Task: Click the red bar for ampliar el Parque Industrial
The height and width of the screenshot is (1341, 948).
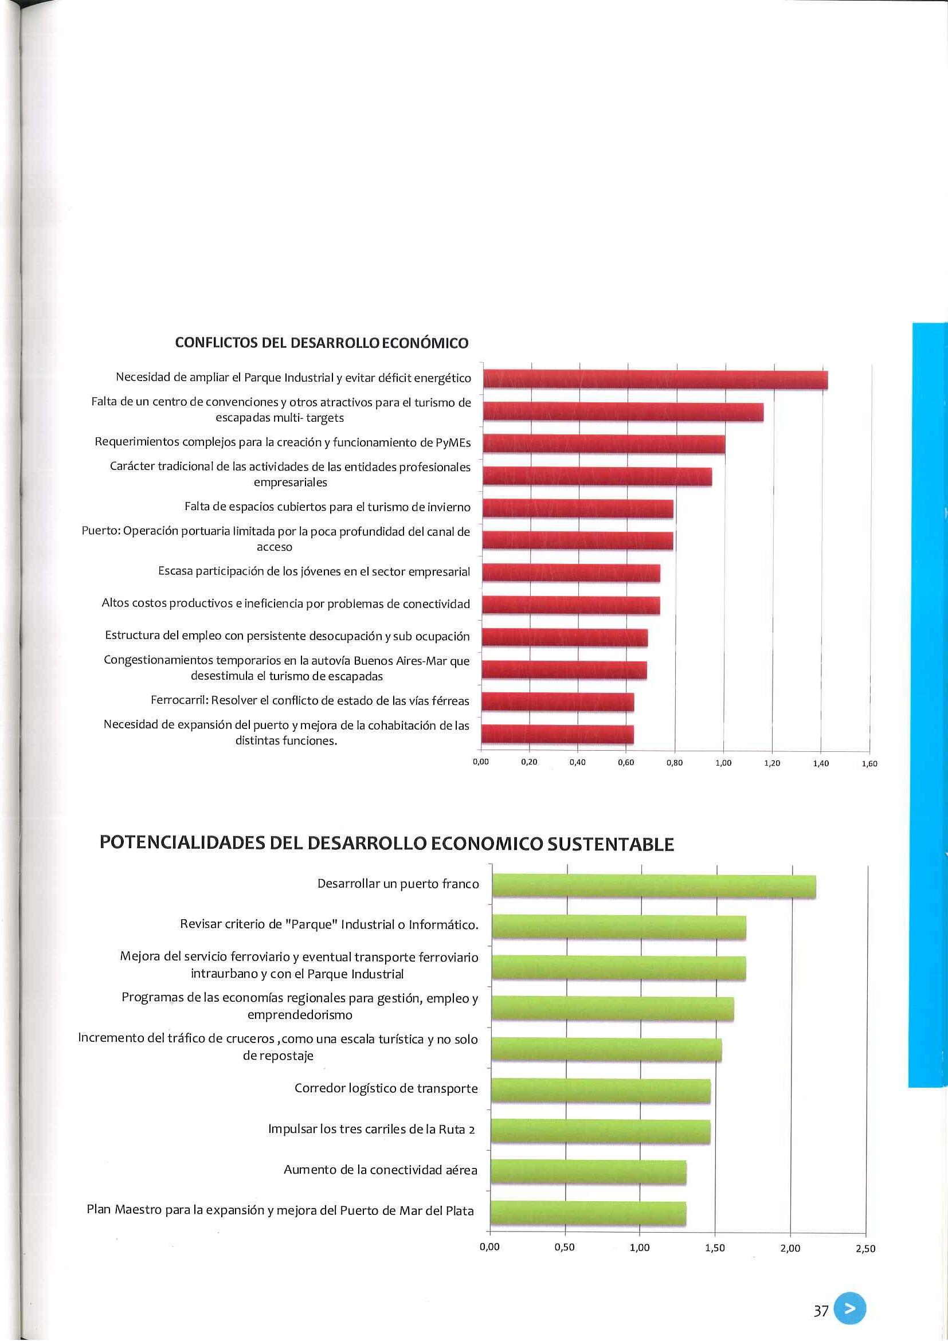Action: (x=655, y=379)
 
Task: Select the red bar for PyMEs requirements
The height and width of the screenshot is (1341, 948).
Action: (x=604, y=444)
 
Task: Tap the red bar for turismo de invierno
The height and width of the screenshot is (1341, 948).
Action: (x=578, y=509)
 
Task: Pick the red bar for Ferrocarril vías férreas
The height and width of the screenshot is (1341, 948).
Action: (x=558, y=701)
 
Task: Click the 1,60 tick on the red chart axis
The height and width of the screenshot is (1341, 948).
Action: (x=869, y=764)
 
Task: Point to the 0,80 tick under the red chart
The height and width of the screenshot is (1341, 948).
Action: (x=675, y=763)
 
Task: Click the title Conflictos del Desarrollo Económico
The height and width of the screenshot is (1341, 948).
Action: (x=322, y=343)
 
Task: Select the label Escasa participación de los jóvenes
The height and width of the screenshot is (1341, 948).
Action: (x=314, y=572)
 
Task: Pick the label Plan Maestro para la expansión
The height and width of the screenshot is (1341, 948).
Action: (x=280, y=1210)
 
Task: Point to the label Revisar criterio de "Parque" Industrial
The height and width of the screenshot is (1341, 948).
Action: (x=329, y=924)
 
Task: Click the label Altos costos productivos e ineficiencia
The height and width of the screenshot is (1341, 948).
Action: (x=285, y=604)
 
